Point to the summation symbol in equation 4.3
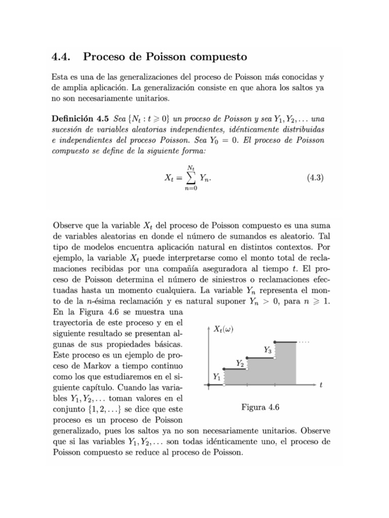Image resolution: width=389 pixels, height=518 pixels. pos(190,178)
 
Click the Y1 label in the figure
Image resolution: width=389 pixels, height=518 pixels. pos(216,377)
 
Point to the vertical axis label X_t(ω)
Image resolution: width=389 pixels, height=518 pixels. pos(224,329)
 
